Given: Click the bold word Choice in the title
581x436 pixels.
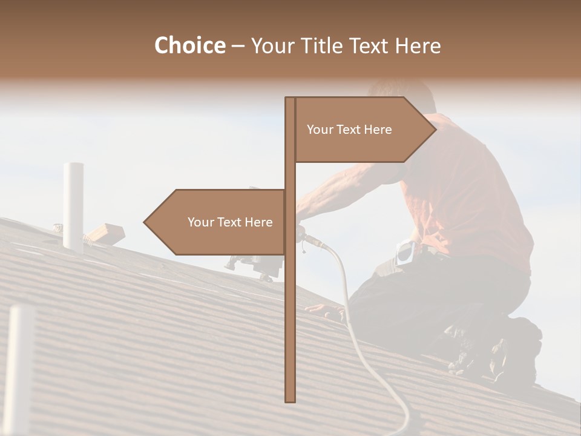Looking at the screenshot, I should pos(189,45).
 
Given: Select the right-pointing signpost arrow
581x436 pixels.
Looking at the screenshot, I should pos(363,130).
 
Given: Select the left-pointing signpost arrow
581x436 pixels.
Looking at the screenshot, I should pos(218,222).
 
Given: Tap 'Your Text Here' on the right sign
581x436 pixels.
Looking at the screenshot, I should pos(349,130).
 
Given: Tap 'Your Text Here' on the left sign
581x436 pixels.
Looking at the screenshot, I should pos(230,222).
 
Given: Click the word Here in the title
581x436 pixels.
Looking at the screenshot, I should pos(418,45).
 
